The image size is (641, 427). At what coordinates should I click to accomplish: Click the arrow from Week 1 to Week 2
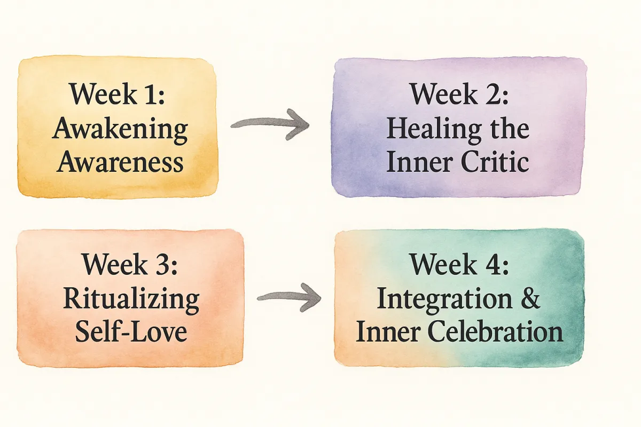tap(270, 123)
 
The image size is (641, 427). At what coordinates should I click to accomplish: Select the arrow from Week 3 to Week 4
tap(289, 297)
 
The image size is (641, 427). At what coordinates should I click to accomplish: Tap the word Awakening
tap(120, 130)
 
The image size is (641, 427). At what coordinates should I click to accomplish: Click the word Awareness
tap(120, 162)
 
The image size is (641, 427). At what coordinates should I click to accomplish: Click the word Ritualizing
tap(131, 301)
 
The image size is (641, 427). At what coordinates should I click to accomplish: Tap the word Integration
tap(444, 301)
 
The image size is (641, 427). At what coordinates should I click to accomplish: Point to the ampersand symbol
tap(529, 298)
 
